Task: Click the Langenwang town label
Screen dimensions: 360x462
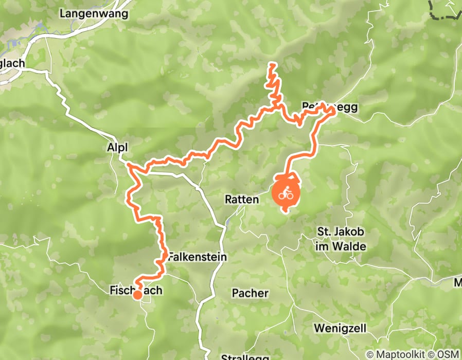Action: coord(94,14)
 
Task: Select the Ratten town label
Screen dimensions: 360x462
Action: coord(241,199)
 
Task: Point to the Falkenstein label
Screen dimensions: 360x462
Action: coord(198,256)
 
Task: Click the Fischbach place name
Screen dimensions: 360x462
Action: coord(136,291)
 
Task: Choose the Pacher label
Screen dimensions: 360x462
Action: coord(250,293)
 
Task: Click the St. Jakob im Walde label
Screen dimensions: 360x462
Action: coord(340,239)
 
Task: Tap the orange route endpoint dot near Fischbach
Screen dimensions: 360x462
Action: coord(137,295)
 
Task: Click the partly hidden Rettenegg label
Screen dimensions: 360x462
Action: coord(329,107)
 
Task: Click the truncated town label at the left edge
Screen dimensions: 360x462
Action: coord(12,64)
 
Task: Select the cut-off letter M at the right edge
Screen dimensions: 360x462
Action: coord(458,282)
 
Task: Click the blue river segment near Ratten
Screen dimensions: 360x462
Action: coord(227,222)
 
